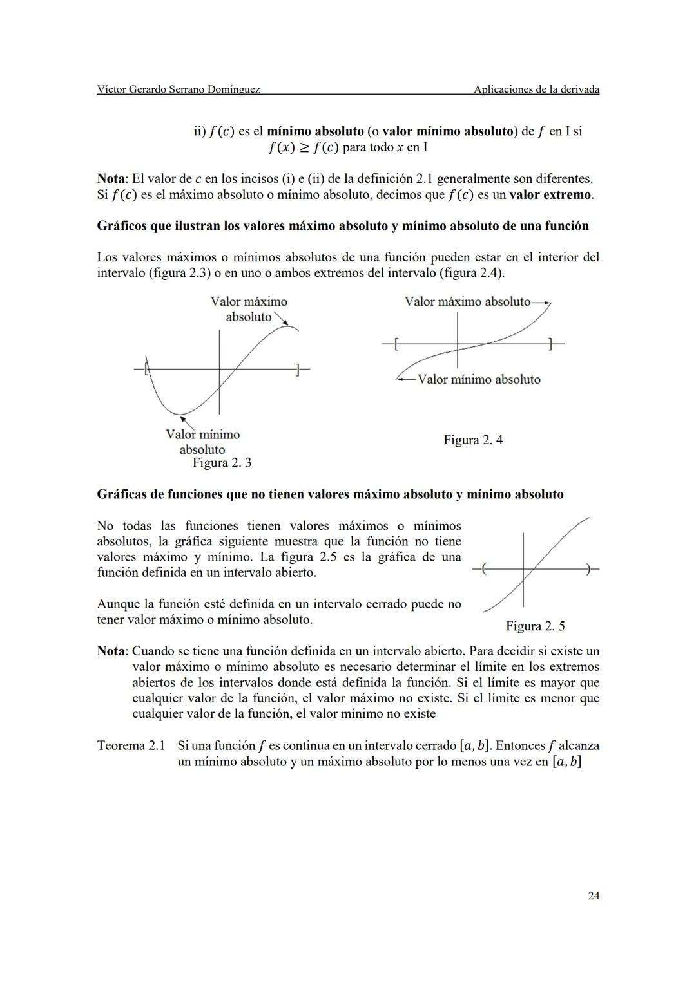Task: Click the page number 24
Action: [x=593, y=895]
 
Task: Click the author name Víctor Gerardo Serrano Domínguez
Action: [x=179, y=89]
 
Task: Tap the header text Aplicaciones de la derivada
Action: [x=536, y=89]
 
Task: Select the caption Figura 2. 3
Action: [x=222, y=463]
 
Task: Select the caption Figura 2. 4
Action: [x=473, y=440]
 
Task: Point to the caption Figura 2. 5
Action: [x=535, y=626]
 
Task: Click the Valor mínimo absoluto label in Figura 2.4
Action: [x=479, y=379]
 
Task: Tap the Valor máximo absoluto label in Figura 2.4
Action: [x=467, y=301]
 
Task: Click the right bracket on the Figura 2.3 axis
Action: [x=296, y=370]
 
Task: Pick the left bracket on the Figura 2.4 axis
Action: [x=396, y=344]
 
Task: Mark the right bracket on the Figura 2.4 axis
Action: [x=550, y=344]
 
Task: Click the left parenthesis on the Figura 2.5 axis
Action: [x=485, y=569]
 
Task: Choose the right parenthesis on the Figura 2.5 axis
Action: [x=588, y=569]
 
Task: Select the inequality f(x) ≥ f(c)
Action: [x=304, y=147]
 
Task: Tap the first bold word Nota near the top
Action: [x=111, y=178]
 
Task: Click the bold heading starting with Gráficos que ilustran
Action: [x=342, y=226]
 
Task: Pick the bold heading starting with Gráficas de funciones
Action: [x=330, y=494]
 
